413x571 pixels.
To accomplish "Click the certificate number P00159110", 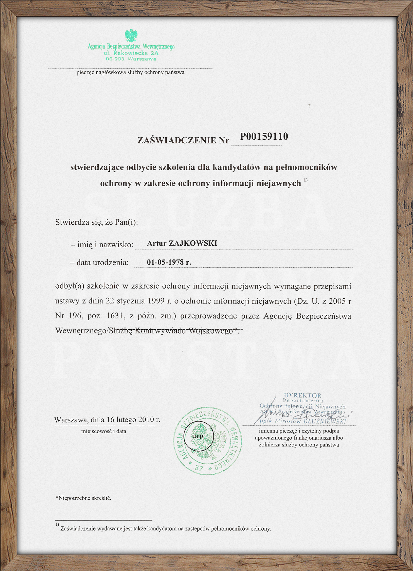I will click(x=264, y=137).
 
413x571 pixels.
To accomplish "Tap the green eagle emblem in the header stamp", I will click(x=131, y=36).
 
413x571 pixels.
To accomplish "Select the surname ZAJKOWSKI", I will click(x=193, y=243).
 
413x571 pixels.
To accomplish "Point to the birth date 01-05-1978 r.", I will click(x=169, y=262).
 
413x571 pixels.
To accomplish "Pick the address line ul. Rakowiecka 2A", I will click(x=131, y=53).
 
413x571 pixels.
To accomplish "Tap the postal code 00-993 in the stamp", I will click(x=115, y=59).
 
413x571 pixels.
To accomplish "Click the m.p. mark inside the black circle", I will click(x=199, y=436).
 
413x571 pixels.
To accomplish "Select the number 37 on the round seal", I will click(x=199, y=468).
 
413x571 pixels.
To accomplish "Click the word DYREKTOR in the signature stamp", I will click(x=303, y=395).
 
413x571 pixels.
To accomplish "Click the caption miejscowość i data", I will click(x=104, y=431).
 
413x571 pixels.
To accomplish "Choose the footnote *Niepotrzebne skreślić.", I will click(x=83, y=498).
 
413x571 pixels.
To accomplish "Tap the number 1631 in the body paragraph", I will click(x=115, y=316).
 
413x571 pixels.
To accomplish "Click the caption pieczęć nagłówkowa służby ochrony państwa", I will click(x=130, y=72).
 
